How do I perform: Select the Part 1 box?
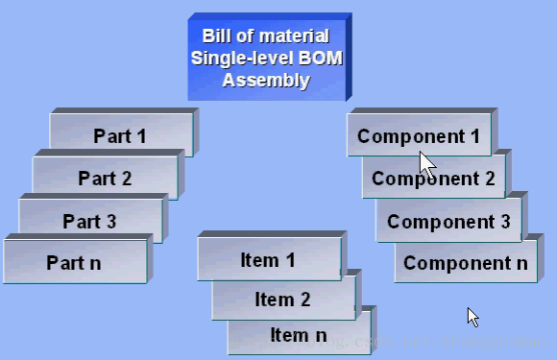121,135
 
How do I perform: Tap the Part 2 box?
105,178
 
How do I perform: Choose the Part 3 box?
89,221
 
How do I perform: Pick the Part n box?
74,262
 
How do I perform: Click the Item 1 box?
268,260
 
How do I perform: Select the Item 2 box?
282,300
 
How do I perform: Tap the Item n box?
298,335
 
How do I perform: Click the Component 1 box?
419,135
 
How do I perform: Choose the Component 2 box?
433,179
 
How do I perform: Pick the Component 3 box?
448,222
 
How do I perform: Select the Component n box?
465,263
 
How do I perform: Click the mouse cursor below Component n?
472,317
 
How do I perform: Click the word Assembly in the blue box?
266,80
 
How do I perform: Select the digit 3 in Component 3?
504,222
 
